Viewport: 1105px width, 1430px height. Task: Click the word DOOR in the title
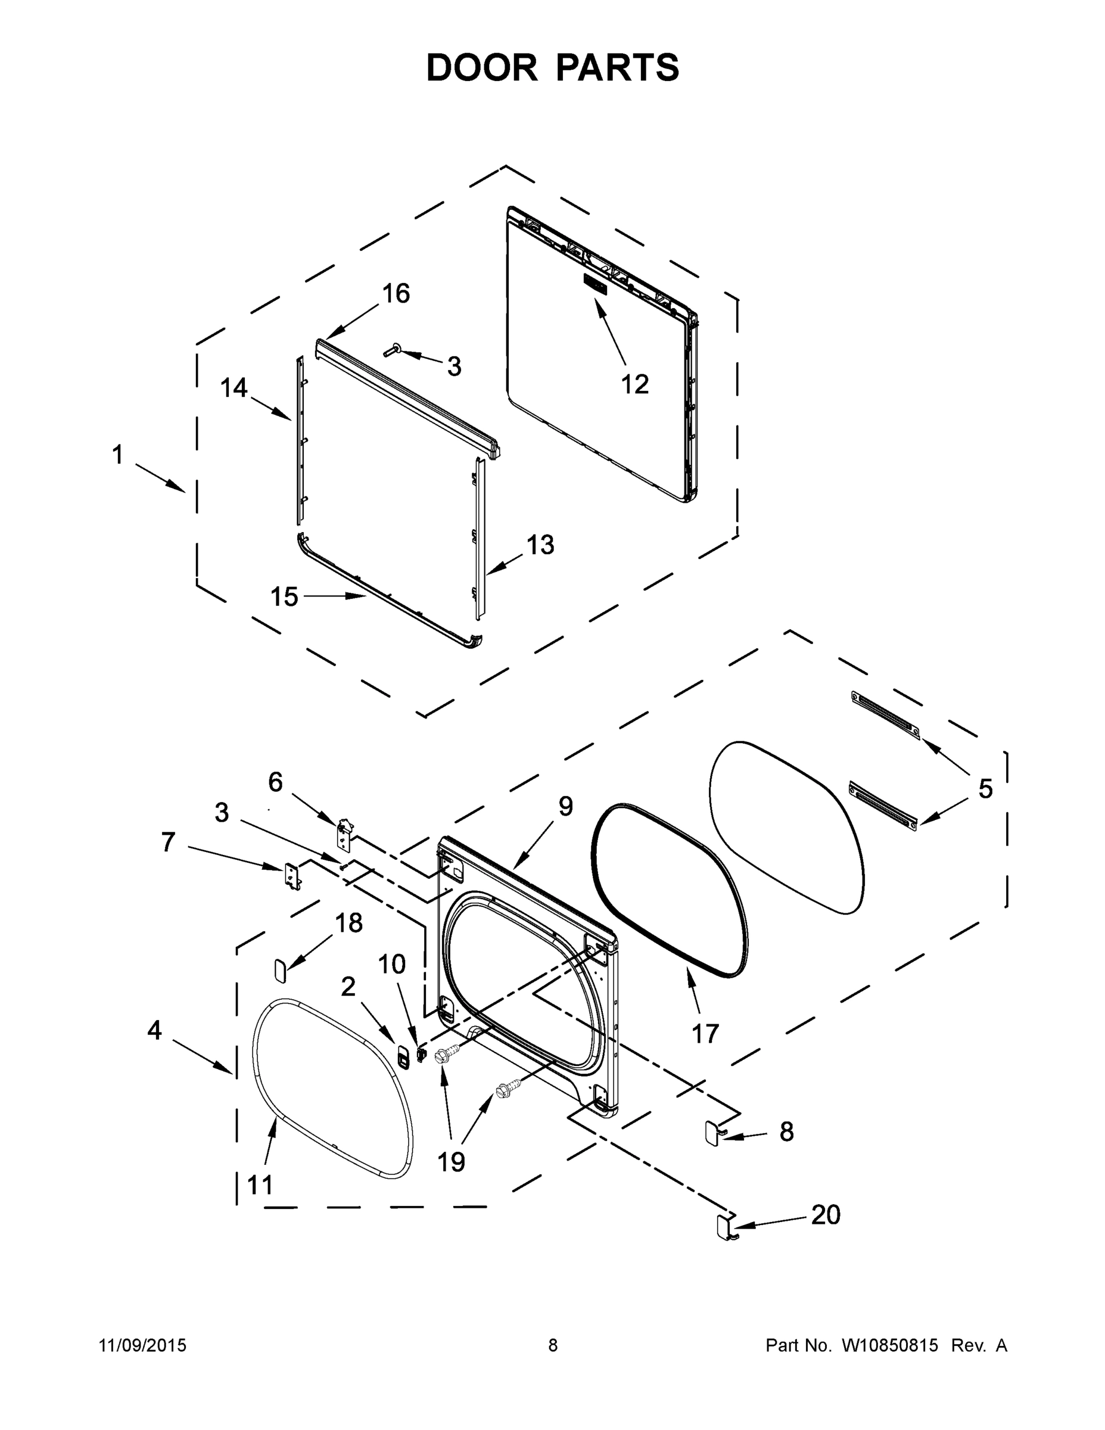click(x=481, y=68)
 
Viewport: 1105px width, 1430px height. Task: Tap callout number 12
click(x=634, y=384)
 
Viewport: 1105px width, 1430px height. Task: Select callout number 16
click(x=396, y=293)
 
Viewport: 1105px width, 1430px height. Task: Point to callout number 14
click(x=234, y=388)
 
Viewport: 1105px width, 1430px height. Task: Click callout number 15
click(x=284, y=596)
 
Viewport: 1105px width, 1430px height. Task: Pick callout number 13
click(x=540, y=545)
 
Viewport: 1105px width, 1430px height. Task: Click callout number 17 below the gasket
click(x=705, y=1034)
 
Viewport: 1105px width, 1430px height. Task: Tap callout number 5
click(x=985, y=788)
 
